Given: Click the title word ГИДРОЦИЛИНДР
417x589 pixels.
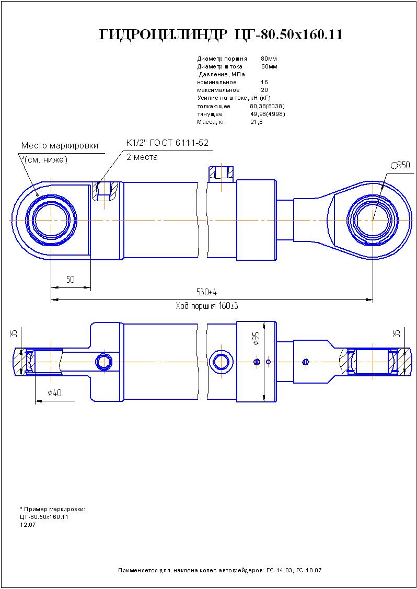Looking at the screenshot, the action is pos(163,35).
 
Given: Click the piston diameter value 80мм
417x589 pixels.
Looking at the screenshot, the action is pos(269,59).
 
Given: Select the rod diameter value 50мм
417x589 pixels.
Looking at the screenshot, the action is pos(269,66).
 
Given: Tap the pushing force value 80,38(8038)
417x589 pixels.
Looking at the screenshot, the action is pos(267,106).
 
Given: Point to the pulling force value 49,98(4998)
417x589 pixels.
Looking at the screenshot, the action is pos(267,114).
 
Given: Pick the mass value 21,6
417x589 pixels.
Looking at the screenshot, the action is pos(257,122).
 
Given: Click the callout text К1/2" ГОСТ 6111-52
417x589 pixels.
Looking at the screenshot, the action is pos(167,143).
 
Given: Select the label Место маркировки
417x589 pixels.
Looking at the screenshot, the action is pos(60,146).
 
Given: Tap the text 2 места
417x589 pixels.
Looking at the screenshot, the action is pos(142,157).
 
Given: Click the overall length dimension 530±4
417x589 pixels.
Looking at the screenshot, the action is pos(207,292).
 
